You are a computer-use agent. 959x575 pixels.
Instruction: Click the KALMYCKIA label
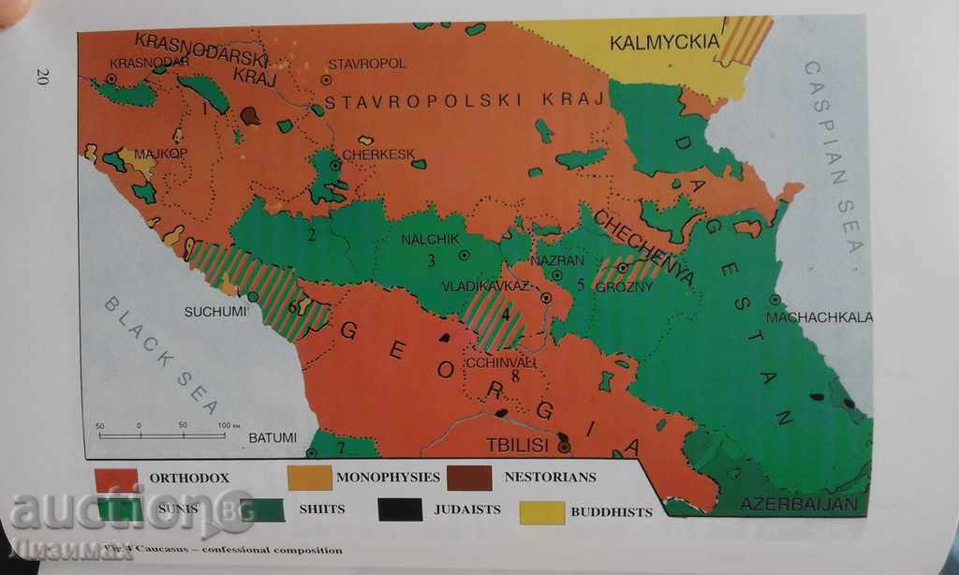tap(664, 42)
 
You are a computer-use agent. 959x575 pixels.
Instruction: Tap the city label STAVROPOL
tap(366, 64)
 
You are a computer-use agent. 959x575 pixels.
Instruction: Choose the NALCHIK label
tap(427, 238)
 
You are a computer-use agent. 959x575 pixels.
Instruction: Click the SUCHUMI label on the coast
tap(214, 310)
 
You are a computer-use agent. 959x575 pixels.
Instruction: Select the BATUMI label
tap(272, 437)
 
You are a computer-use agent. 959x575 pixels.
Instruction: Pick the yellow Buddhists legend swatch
tap(542, 511)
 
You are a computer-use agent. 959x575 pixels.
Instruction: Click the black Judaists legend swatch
tap(401, 510)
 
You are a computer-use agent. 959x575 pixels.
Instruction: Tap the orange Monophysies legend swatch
tap(309, 478)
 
